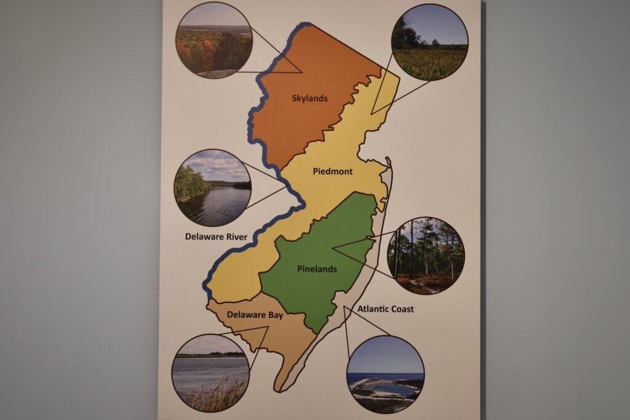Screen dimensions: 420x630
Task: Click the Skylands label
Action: [309, 98]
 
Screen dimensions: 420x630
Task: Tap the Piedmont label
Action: [333, 172]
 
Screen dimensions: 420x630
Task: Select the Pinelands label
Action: [317, 269]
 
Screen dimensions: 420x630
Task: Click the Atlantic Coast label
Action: [386, 309]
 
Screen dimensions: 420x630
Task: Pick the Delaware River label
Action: [216, 236]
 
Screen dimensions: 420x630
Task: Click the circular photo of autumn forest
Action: [214, 41]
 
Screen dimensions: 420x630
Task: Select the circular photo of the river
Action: [213, 188]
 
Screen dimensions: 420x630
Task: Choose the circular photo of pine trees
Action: [426, 255]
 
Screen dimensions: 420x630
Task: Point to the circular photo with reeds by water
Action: [211, 373]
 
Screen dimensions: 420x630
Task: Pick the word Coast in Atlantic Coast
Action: [401, 309]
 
